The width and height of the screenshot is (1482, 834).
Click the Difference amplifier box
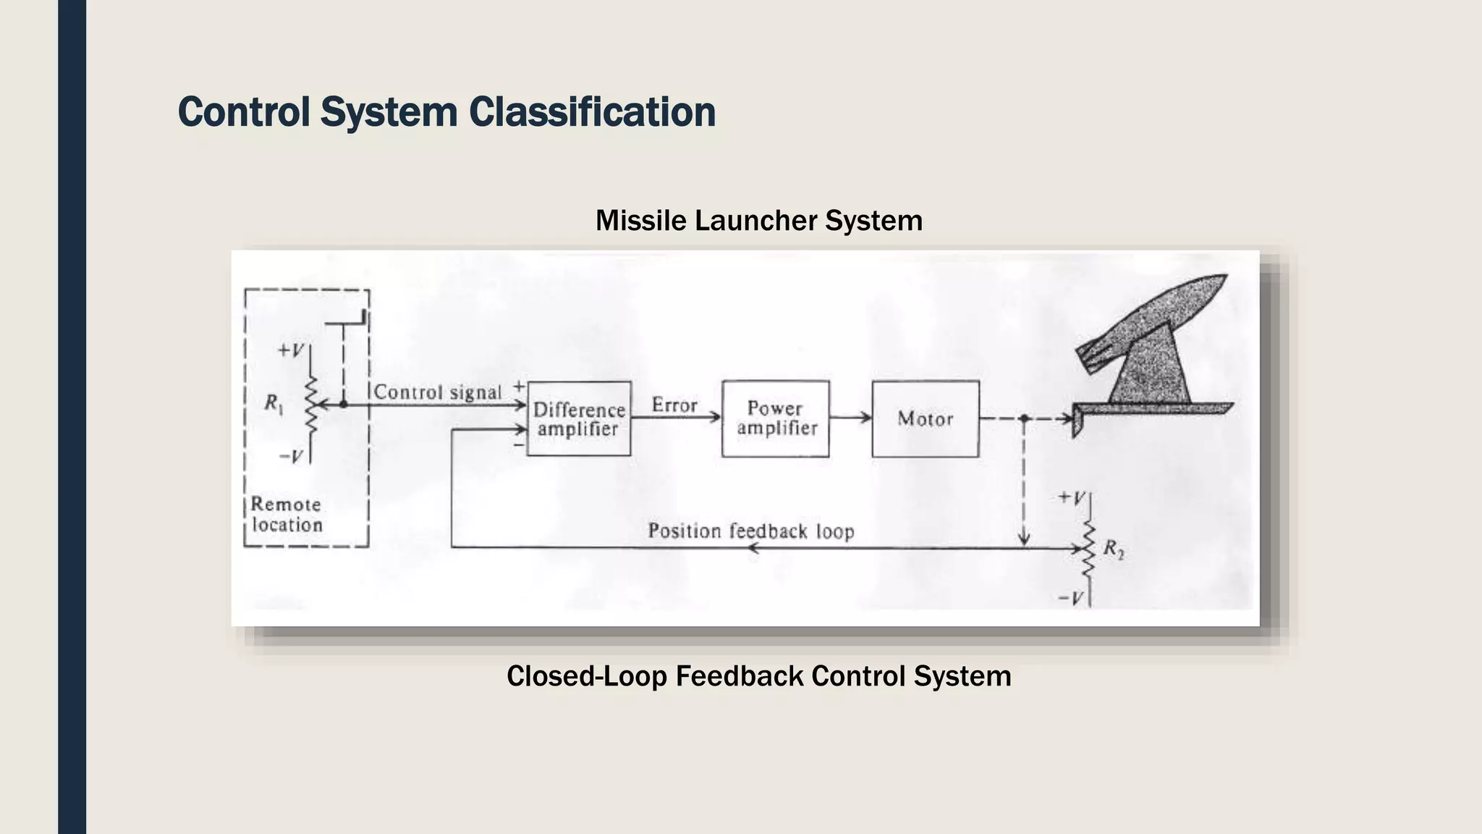point(578,418)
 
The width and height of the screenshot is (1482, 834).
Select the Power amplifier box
point(776,418)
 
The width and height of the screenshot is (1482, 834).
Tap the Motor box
point(925,418)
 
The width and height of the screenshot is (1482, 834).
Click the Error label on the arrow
point(674,405)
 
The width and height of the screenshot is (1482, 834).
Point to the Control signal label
point(437,392)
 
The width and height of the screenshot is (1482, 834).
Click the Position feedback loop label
point(750,531)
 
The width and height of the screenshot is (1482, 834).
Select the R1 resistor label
point(274,403)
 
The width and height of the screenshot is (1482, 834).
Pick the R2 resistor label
point(1113,549)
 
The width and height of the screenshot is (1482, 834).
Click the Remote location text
point(287,515)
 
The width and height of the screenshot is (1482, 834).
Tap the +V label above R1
point(291,350)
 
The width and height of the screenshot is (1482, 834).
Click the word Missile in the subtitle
point(640,220)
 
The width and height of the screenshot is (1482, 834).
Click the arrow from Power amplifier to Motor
point(850,418)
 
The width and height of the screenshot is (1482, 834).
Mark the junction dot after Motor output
point(1024,418)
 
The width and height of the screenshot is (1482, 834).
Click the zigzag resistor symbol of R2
point(1088,548)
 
